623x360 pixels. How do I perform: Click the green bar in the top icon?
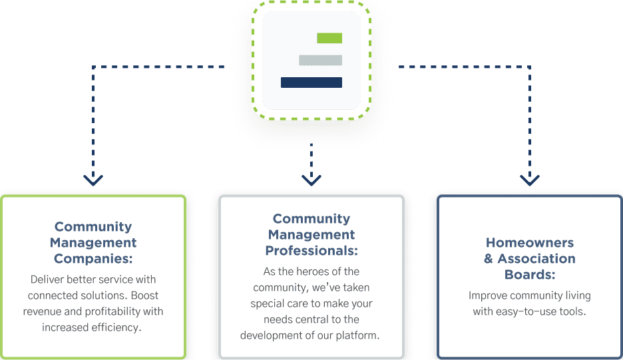tap(329, 38)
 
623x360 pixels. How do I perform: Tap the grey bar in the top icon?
tap(320, 60)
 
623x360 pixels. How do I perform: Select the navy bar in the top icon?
tap(311, 83)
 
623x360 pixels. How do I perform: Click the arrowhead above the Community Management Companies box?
tap(93, 180)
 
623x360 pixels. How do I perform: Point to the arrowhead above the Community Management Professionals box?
tap(311, 180)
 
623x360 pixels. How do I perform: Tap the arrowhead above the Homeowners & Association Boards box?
tap(530, 180)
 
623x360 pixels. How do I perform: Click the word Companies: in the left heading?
tap(93, 259)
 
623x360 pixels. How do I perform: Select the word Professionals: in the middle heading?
tap(311, 251)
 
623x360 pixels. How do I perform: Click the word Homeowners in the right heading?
tap(530, 242)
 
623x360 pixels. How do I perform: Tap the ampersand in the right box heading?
tap(489, 259)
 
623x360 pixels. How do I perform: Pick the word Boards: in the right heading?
tap(530, 275)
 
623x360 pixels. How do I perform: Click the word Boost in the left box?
tap(144, 295)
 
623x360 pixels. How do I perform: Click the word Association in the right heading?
tap(536, 259)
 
